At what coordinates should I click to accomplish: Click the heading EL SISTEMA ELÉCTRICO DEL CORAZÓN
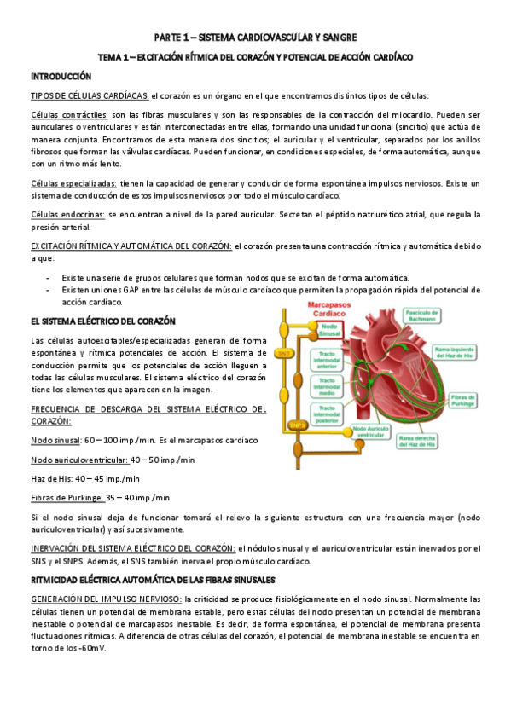(102, 321)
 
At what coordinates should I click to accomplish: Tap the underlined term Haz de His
(48, 479)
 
